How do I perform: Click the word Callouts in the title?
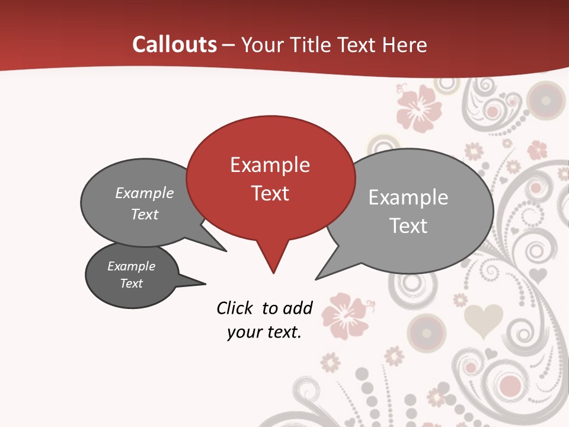click(x=174, y=44)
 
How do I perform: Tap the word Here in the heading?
click(x=406, y=45)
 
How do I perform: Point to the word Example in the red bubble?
click(x=270, y=165)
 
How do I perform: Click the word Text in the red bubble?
click(x=270, y=193)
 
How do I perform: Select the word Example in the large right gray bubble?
click(x=408, y=197)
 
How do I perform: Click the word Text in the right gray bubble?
click(x=408, y=226)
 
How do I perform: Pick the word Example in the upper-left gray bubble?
click(x=144, y=193)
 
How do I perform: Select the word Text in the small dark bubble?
click(x=132, y=283)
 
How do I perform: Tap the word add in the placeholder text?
click(x=298, y=308)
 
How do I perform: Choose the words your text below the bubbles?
click(x=264, y=332)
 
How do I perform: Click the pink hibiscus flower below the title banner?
click(x=419, y=107)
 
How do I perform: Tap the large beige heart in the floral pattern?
click(x=482, y=320)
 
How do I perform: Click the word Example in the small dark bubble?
click(x=131, y=266)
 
